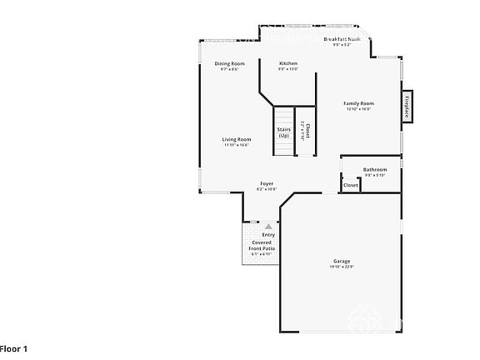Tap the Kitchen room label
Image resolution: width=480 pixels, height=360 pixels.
coord(287,63)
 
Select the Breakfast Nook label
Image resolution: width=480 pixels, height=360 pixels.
coord(347,39)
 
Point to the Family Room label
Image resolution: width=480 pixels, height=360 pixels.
coord(357,103)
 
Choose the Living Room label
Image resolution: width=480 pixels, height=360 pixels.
coord(236,139)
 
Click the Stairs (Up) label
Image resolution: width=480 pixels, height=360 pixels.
coord(283,132)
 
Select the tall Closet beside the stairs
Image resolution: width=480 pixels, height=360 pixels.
coord(306,132)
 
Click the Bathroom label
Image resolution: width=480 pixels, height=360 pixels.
coord(374,169)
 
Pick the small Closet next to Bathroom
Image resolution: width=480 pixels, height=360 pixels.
coord(351,185)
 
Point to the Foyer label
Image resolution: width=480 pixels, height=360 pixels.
coord(267,183)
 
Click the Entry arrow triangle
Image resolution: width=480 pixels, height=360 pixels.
coord(268,226)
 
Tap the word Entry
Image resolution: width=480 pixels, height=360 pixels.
coord(268,235)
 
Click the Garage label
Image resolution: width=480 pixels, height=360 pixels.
coord(342,261)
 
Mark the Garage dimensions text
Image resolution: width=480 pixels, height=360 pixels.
coord(342,267)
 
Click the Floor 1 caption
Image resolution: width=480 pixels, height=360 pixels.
coord(14,347)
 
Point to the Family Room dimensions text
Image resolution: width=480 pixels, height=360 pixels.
coord(357,109)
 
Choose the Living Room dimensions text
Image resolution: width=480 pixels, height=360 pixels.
coord(236,145)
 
